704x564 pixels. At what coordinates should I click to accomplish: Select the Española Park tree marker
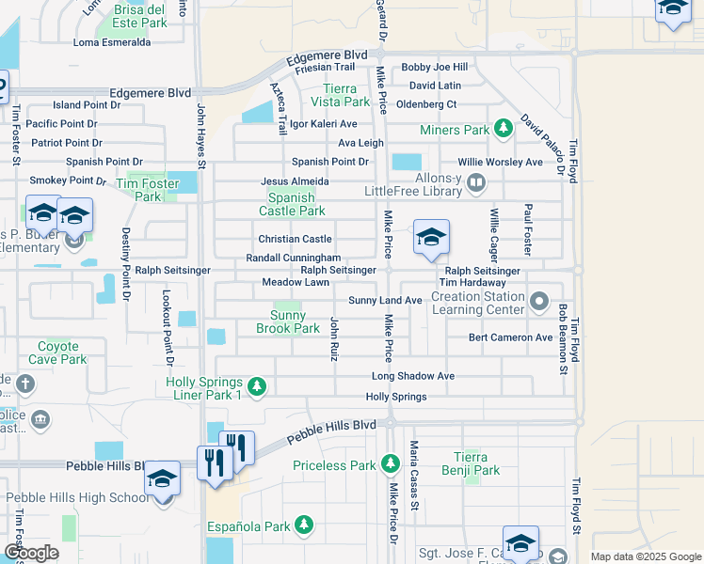(303, 524)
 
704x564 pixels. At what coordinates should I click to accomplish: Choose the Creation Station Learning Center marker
(538, 303)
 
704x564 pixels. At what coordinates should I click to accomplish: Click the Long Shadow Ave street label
(412, 376)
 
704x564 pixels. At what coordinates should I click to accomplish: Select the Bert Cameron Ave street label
(510, 337)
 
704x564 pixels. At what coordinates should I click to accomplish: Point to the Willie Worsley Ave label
(501, 162)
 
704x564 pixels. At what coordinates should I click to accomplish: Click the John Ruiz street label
(333, 338)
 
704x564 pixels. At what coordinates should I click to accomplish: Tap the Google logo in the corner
(32, 553)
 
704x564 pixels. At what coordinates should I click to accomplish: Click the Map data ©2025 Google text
(645, 556)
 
